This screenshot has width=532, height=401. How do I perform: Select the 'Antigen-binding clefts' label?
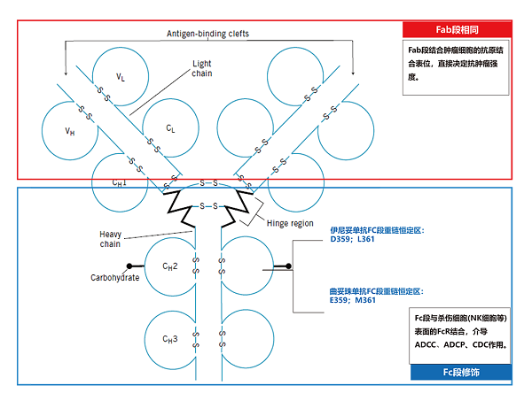tap(208, 34)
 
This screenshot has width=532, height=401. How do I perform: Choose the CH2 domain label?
tap(169, 266)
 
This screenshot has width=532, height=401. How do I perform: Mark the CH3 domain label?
tap(169, 338)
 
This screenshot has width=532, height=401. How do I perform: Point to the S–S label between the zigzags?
tap(206, 205)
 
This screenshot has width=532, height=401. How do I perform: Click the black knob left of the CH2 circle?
tap(130, 266)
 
